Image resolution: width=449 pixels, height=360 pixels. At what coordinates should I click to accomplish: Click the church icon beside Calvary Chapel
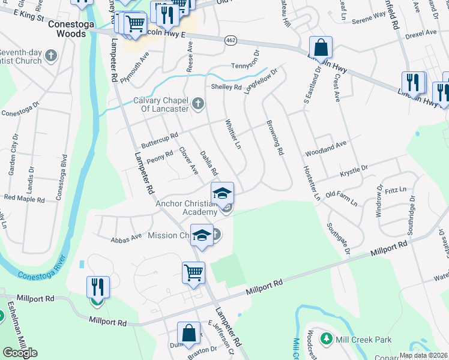pos(197,105)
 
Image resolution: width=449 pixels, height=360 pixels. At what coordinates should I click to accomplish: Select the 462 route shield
pos(231,40)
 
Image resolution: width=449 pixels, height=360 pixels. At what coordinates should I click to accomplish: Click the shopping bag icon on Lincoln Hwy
pos(321,47)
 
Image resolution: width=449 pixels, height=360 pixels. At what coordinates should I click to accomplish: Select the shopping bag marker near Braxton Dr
pos(188,333)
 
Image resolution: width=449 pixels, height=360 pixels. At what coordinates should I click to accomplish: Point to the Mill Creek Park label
pos(364,340)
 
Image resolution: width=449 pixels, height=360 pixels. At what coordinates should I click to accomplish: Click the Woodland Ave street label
pos(326,145)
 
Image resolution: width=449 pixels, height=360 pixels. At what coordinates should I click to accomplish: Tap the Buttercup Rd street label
pos(159,141)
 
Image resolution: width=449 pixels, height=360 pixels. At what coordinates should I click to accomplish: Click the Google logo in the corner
pos(20,353)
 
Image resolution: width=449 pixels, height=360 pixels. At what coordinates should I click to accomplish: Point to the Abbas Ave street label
pos(126,237)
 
